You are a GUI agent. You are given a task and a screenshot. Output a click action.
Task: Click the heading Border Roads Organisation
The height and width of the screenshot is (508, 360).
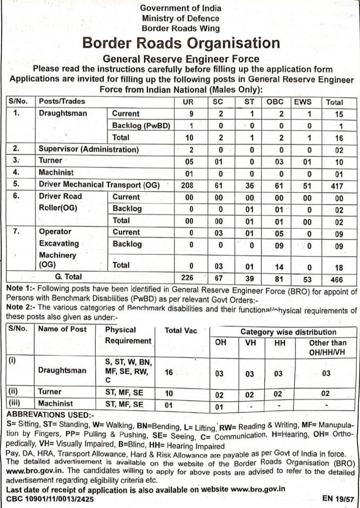click(181, 43)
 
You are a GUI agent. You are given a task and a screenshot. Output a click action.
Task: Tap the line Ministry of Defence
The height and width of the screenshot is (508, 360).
click(180, 18)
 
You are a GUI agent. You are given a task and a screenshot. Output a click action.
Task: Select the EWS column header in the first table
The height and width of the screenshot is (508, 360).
click(302, 102)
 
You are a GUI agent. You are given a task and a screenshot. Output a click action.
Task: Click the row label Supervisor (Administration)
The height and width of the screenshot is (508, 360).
click(89, 149)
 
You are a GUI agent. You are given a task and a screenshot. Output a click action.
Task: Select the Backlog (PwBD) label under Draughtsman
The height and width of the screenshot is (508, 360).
click(141, 126)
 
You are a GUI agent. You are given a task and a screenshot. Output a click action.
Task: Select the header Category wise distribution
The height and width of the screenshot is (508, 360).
click(288, 332)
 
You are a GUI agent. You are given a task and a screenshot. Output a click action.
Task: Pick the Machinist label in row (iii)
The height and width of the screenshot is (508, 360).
click(56, 404)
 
